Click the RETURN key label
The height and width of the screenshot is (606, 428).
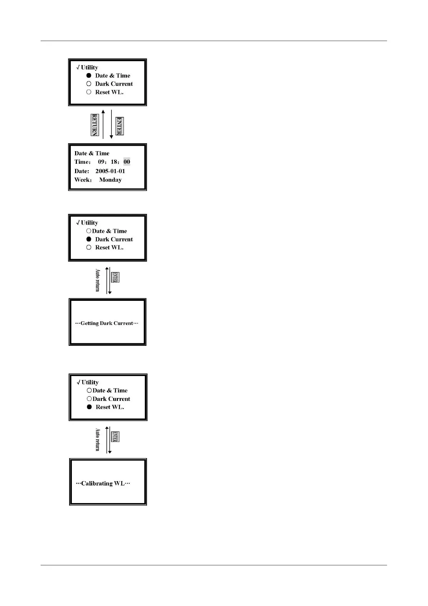tap(95, 125)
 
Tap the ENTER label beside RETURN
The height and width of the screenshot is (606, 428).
tap(120, 126)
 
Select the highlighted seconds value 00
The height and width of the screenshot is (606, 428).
tap(127, 162)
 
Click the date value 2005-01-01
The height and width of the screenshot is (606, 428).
tap(110, 171)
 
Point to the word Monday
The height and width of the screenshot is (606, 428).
tap(110, 180)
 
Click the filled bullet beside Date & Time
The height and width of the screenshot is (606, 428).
tap(89, 76)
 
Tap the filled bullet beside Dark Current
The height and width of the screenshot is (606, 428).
tap(89, 239)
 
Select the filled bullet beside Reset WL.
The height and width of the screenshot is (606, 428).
tap(89, 407)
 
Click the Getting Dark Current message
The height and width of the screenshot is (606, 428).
tap(107, 323)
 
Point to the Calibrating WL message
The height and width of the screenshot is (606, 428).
tap(103, 483)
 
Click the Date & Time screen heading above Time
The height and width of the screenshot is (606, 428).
tap(92, 153)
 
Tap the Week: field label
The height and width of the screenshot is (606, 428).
tap(83, 180)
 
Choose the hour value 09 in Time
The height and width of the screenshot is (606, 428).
tap(102, 162)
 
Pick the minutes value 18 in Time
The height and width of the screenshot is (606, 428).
tap(114, 162)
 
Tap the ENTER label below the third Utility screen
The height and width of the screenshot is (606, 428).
tap(115, 437)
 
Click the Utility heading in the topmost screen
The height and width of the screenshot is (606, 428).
tap(89, 67)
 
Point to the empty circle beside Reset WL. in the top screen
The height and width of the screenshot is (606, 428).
tap(89, 92)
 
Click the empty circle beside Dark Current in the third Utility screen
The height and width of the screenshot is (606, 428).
tap(89, 399)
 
